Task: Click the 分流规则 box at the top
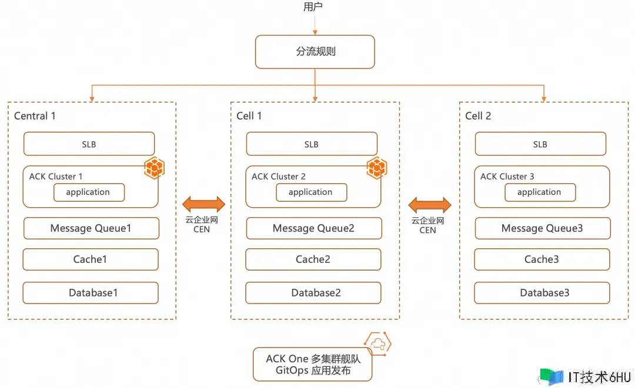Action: [x=315, y=52]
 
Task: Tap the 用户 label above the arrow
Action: [x=313, y=7]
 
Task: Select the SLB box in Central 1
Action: [x=89, y=144]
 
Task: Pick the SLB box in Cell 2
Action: [x=540, y=144]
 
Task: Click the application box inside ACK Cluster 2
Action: [x=311, y=192]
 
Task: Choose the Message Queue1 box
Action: [x=91, y=228]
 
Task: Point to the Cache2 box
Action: [x=313, y=259]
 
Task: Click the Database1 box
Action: [x=91, y=293]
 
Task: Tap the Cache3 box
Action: [x=542, y=259]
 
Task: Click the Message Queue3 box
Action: [x=542, y=228]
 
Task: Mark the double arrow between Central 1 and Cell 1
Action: [x=203, y=204]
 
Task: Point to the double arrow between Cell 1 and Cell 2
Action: [x=430, y=205]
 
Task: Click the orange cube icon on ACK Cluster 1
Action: [x=155, y=168]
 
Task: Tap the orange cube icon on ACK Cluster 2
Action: [x=377, y=168]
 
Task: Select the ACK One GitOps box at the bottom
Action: [x=313, y=364]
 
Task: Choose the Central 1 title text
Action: [x=35, y=116]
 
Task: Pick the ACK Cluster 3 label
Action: [x=507, y=177]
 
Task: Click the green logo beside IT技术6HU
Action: [x=552, y=377]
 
